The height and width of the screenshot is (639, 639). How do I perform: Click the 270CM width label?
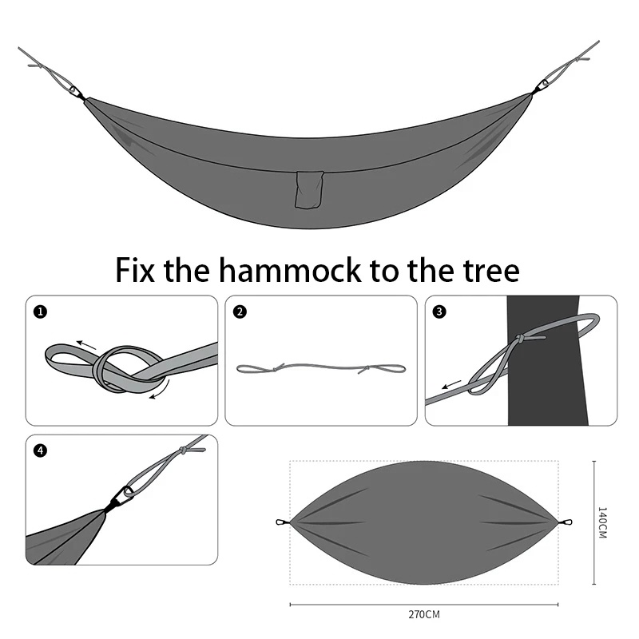click(423, 614)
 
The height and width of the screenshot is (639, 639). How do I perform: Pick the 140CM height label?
click(602, 522)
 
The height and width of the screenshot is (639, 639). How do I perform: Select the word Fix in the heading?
click(136, 270)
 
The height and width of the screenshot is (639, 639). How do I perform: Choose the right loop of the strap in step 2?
click(385, 369)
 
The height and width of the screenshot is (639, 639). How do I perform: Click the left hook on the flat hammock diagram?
click(281, 523)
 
